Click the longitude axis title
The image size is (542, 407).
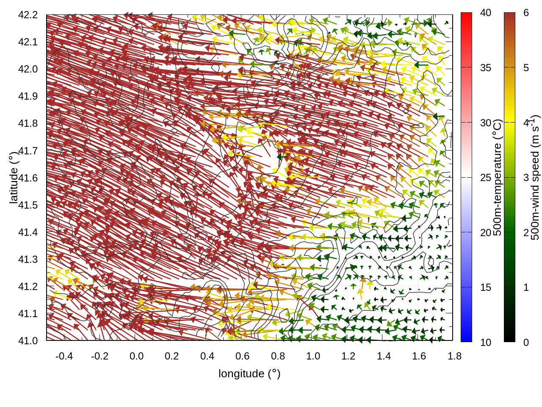(x=249, y=374)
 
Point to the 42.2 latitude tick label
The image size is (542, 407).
(x=28, y=15)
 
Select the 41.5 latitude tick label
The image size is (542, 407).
(x=28, y=205)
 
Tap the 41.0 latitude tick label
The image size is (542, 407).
(x=28, y=341)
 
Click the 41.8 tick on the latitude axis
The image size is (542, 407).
(x=28, y=123)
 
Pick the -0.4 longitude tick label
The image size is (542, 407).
(x=64, y=356)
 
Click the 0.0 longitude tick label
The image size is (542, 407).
(x=136, y=356)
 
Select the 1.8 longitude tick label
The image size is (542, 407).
(x=454, y=356)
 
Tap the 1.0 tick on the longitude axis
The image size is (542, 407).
(x=313, y=356)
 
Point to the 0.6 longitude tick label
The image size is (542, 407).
(x=242, y=356)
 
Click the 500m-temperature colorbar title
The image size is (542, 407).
(x=498, y=177)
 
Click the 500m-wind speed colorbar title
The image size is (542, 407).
(x=535, y=177)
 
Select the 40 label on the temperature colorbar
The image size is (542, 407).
(x=486, y=13)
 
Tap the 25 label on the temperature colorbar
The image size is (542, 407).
(x=486, y=178)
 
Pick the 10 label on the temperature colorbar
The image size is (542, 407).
(x=486, y=342)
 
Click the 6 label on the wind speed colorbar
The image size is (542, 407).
(x=526, y=13)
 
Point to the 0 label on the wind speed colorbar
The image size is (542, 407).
(x=526, y=342)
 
